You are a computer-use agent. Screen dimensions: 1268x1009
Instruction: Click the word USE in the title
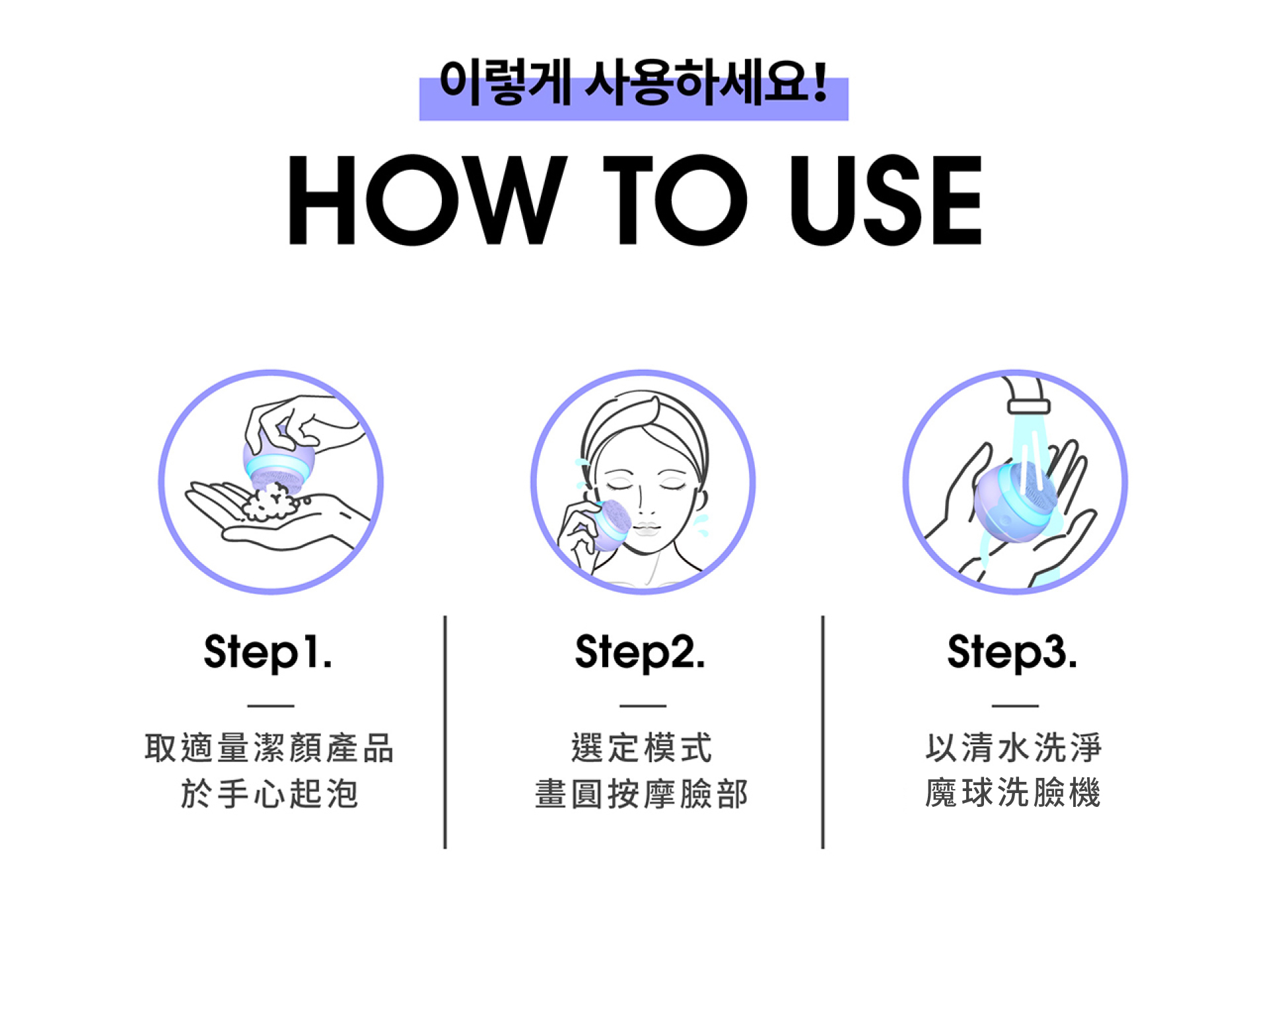[x=886, y=200]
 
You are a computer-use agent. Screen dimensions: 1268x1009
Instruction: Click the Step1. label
[x=268, y=652]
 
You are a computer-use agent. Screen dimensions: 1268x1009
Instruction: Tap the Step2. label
[x=640, y=652]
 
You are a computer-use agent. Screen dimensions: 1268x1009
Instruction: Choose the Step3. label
[x=1012, y=652]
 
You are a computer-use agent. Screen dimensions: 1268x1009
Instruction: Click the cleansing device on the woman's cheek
[x=612, y=525]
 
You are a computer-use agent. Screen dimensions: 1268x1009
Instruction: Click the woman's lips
[x=646, y=529]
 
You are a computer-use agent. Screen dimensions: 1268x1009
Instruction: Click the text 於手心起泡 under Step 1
[x=269, y=793]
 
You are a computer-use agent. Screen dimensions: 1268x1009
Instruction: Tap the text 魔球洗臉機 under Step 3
[x=1013, y=792]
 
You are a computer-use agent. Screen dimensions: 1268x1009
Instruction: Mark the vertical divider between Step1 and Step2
[x=445, y=732]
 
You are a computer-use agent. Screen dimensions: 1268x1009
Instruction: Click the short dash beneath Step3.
[x=1015, y=706]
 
